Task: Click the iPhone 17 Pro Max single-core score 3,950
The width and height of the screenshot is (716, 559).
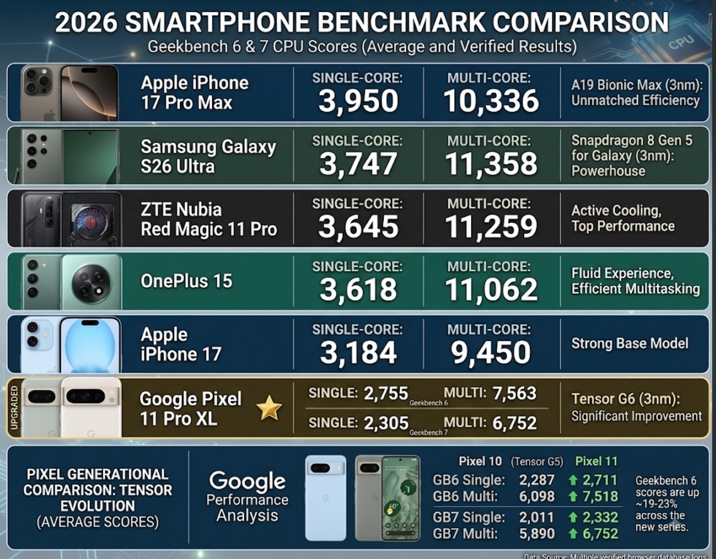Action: pos(358,101)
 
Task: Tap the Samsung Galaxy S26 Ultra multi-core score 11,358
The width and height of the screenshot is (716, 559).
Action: pos(491,164)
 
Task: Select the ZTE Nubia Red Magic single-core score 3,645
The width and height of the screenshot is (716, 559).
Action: pos(358,227)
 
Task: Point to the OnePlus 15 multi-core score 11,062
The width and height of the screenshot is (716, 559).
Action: pos(491,290)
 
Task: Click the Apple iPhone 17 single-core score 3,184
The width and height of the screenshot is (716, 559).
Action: pos(358,352)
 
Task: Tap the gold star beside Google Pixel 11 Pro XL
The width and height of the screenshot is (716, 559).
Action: pos(269,408)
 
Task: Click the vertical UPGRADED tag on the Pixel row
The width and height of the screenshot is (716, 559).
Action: pos(14,408)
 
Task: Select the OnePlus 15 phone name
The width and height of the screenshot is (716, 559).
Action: pos(186,281)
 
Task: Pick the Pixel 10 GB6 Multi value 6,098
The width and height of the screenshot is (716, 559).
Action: pos(537,496)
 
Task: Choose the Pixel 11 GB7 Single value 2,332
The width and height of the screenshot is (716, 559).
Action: pos(600,517)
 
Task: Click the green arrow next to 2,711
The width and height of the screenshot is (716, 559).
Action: pos(573,480)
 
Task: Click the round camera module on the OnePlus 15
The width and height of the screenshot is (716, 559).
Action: pos(92,284)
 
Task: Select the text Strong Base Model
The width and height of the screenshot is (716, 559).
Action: pos(630,343)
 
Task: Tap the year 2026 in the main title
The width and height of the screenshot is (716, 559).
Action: pos(86,22)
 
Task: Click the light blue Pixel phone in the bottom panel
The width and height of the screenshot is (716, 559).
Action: pos(326,498)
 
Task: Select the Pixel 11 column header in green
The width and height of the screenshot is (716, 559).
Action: pos(596,461)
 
